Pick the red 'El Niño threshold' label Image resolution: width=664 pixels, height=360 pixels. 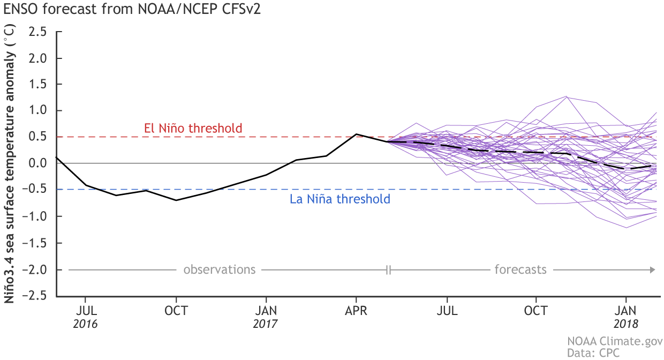tap(193, 129)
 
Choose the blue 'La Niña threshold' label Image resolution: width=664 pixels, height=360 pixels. tap(340, 200)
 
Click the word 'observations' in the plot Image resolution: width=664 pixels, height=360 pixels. tap(220, 269)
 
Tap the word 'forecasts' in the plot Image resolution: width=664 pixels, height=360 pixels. tap(520, 269)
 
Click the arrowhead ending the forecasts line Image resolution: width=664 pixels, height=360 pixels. tap(652, 269)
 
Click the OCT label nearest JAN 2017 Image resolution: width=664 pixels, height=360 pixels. tap(176, 311)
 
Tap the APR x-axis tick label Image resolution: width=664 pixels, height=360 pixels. tap(357, 311)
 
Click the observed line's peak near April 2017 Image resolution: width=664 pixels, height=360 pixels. tap(357, 134)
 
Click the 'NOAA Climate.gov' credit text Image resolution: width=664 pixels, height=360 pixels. tap(615, 341)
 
